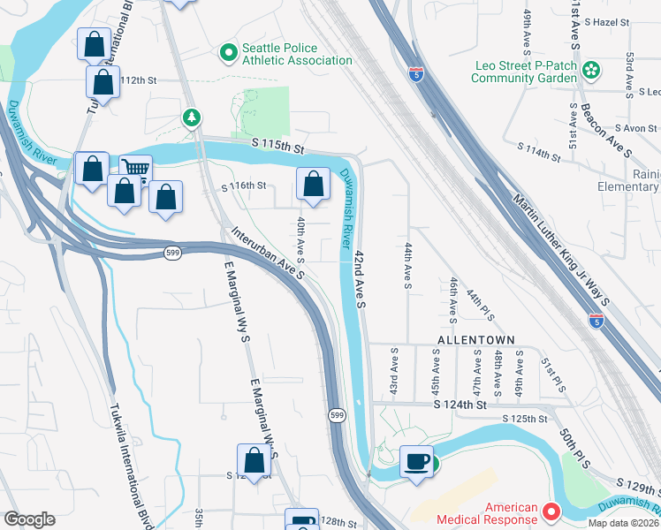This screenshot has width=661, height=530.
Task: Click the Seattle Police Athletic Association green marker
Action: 228,54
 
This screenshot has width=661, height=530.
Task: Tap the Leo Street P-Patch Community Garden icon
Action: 591,70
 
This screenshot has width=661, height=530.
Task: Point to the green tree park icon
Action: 190,117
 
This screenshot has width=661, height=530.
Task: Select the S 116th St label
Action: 243,185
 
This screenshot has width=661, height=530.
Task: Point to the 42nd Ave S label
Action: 361,278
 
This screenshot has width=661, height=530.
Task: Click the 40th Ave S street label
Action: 301,239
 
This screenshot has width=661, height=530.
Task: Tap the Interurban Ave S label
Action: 269,254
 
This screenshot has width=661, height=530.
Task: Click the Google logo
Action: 29,519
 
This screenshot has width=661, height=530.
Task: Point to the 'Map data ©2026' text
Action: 623,524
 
